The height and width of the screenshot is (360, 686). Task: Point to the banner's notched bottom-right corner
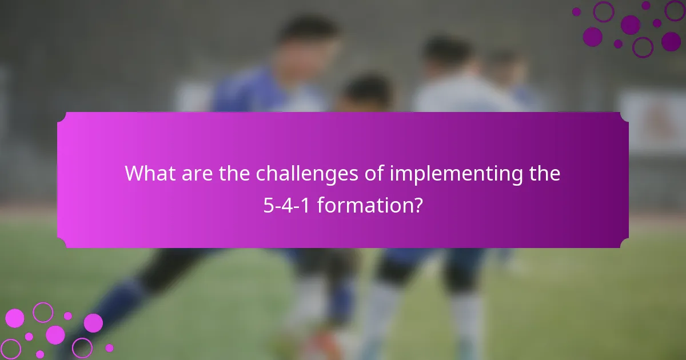pyautogui.click(x=625, y=244)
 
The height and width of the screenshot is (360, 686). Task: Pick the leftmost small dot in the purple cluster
pyautogui.click(x=576, y=11)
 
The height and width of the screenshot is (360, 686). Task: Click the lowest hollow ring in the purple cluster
pyautogui.click(x=643, y=47)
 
